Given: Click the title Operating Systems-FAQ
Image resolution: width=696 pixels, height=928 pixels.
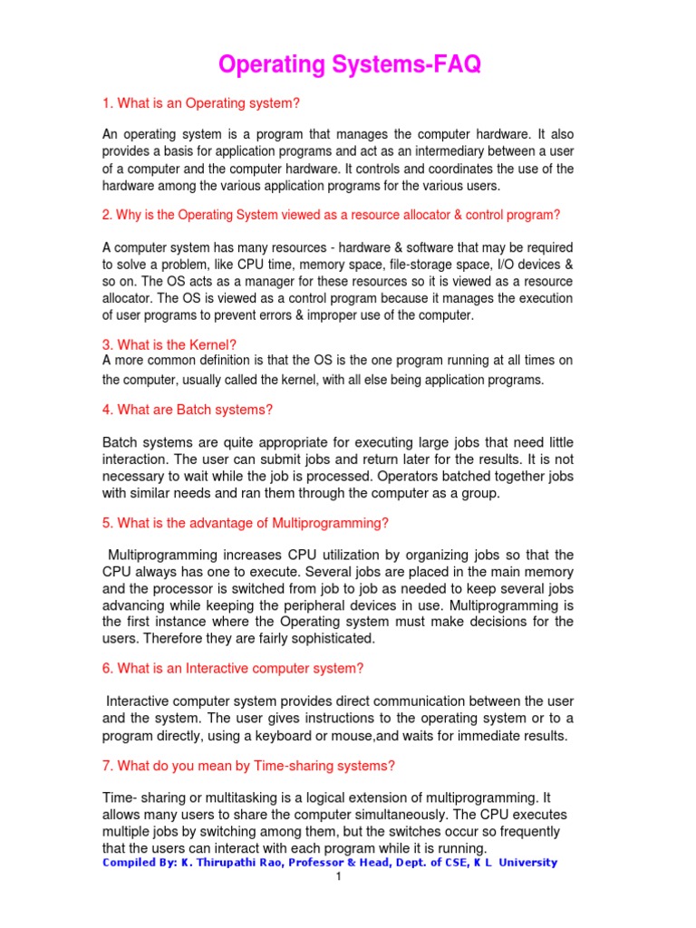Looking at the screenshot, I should click(x=348, y=65).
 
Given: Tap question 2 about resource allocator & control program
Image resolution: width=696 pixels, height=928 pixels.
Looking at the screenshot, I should click(x=331, y=215).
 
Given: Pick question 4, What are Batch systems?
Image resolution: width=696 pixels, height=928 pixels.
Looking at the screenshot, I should click(x=188, y=410).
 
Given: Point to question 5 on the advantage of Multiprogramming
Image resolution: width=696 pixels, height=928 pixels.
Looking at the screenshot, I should click(x=245, y=523).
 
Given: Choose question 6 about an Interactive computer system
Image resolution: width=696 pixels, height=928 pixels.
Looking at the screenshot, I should click(x=233, y=669).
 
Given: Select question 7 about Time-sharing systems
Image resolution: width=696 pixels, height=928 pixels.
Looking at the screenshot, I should click(x=248, y=766).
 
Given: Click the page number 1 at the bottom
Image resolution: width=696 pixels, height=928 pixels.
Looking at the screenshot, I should click(x=337, y=877).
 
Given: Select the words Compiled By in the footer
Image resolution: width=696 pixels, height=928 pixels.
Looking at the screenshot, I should click(x=137, y=863).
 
